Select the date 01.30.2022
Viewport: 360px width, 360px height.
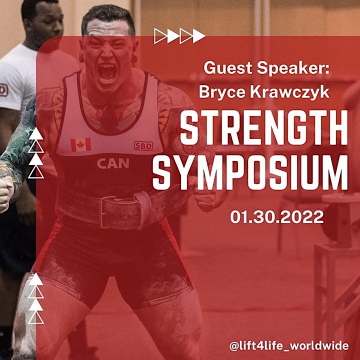277,217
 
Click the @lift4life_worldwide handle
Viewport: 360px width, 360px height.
289,346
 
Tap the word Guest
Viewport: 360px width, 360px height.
228,68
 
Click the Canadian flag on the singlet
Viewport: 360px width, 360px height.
81,145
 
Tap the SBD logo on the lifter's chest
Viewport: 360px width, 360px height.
143,146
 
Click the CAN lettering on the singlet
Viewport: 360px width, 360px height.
113,163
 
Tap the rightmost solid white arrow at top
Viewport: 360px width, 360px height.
199,36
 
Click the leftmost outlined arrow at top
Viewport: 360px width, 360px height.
160,36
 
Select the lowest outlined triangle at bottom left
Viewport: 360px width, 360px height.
36,318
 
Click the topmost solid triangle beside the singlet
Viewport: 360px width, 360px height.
36,134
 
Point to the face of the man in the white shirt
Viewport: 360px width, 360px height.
45,25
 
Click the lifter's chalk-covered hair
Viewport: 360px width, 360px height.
108,19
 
